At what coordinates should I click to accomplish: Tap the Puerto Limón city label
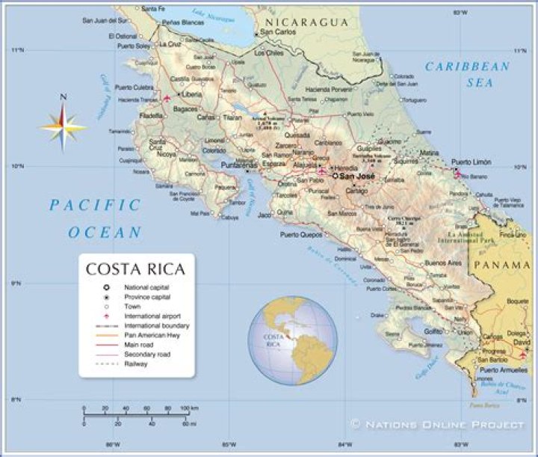pyautogui.click(x=471, y=162)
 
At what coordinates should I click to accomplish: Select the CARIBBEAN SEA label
pyautogui.click(x=468, y=74)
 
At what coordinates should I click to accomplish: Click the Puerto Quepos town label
pyautogui.click(x=300, y=234)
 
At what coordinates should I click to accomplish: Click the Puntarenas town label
pyautogui.click(x=238, y=165)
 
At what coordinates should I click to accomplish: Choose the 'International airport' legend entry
pyautogui.click(x=152, y=316)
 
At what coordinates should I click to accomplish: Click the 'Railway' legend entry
pyautogui.click(x=136, y=364)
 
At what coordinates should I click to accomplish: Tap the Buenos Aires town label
pyautogui.click(x=442, y=263)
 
